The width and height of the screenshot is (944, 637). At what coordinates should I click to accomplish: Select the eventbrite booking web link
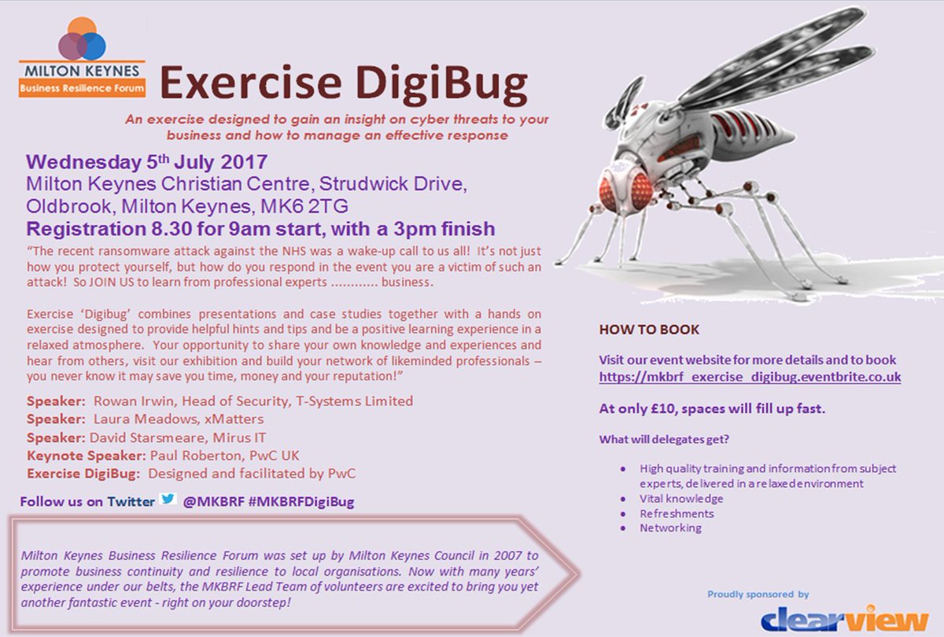750,377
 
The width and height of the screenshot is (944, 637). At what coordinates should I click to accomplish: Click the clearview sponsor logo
844,617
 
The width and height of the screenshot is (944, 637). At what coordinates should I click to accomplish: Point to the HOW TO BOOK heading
649,330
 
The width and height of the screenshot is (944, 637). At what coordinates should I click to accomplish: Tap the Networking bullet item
670,528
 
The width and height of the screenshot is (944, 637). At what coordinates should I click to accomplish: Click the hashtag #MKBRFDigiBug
301,502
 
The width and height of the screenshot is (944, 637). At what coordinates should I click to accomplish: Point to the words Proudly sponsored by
758,595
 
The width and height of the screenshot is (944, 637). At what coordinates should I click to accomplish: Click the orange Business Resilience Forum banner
83,88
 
